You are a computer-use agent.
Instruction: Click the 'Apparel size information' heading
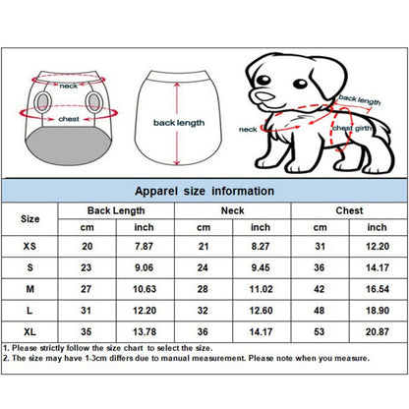(x=204, y=191)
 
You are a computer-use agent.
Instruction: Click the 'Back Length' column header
(x=114, y=210)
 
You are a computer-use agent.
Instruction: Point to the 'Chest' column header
(x=349, y=210)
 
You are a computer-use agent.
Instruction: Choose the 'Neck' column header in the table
(x=232, y=210)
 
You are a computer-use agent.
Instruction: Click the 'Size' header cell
(x=30, y=217)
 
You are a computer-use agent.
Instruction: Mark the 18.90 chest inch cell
(x=378, y=311)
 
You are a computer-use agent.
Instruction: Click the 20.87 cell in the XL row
(x=378, y=332)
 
